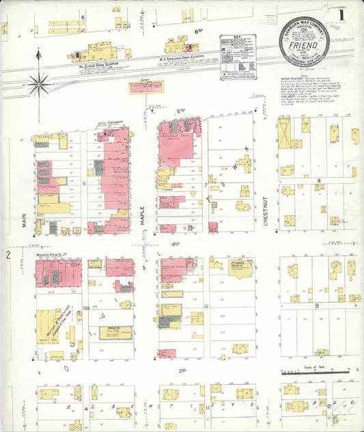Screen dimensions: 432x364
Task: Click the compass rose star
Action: [x=39, y=84]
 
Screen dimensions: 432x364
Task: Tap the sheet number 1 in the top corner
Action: [x=341, y=14]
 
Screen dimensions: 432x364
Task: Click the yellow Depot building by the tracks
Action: [x=146, y=87]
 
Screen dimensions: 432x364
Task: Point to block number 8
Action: [x=318, y=180]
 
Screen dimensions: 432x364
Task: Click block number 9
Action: [x=318, y=306]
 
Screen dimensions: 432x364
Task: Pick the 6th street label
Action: [x=199, y=31]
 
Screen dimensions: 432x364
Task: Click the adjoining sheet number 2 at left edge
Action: [x=8, y=255]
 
